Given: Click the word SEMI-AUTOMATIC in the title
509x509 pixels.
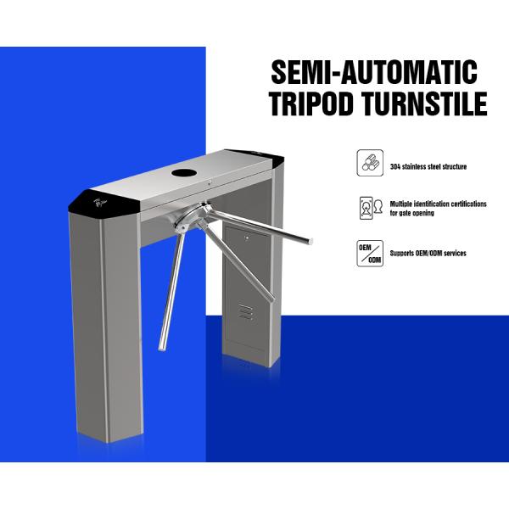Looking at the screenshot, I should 373,70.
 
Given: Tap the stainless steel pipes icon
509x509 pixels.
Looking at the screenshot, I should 370,163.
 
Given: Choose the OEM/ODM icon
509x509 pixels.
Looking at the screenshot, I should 370,253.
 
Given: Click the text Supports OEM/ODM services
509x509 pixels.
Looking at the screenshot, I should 428,253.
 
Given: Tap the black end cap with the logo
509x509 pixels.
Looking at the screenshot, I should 100,200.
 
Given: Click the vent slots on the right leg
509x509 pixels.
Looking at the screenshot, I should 244,311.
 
